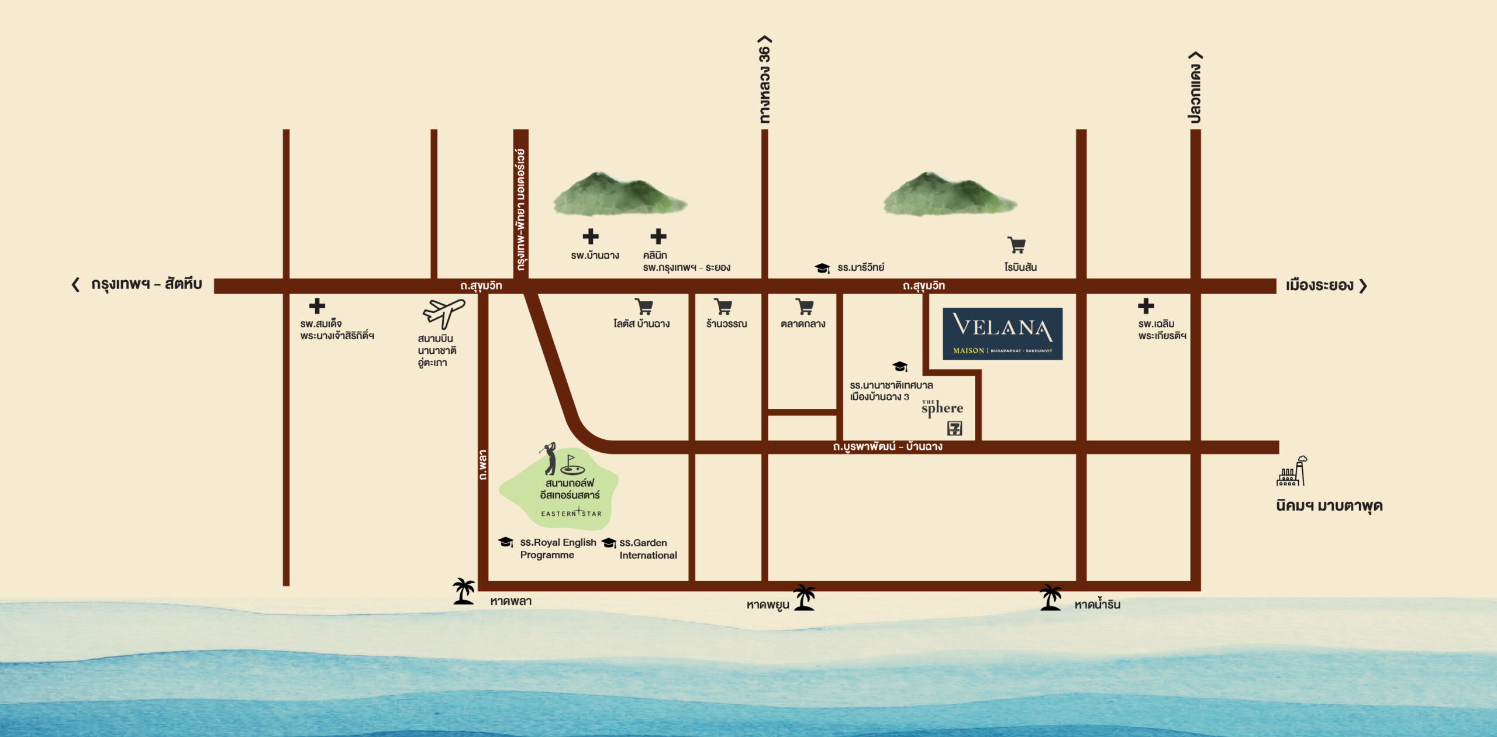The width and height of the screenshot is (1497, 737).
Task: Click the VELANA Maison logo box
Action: (x=1002, y=333)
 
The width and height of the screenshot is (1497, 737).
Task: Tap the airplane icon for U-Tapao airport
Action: (x=444, y=314)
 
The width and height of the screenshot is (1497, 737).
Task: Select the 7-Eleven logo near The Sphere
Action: (x=954, y=428)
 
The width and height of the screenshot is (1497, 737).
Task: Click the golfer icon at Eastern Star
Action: (x=550, y=459)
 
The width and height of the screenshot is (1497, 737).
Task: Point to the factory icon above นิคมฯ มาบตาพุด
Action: (x=1292, y=471)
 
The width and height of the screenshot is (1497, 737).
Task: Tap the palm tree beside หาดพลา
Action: (x=464, y=591)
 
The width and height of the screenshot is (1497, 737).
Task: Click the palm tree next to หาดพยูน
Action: (x=805, y=597)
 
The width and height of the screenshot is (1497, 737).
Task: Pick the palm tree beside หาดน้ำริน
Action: (x=1051, y=597)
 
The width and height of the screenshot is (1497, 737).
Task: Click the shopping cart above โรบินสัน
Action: (x=1016, y=245)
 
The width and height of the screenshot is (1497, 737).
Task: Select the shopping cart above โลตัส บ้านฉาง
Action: (x=644, y=307)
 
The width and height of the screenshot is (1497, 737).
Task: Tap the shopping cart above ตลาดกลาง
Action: (x=805, y=307)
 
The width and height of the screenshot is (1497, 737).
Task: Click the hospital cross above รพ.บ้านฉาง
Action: (x=591, y=236)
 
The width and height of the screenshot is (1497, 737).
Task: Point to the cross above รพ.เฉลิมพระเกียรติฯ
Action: (x=1146, y=306)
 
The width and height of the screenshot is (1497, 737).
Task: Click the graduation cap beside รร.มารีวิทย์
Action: (x=822, y=268)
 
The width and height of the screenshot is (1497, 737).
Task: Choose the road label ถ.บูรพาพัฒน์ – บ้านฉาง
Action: (x=888, y=447)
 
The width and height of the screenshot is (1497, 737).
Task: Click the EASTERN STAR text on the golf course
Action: (x=571, y=513)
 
